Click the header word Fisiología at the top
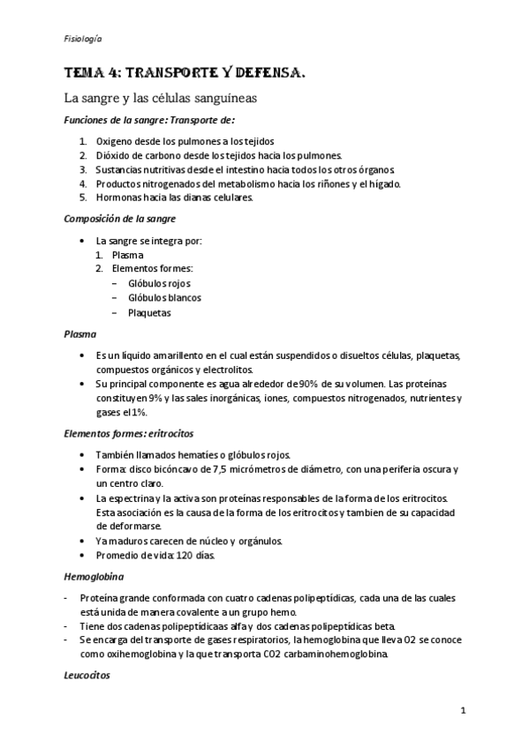(x=83, y=40)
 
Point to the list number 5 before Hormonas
(x=82, y=198)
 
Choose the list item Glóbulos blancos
(x=164, y=297)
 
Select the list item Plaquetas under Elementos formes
(x=149, y=312)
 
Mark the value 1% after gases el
(x=139, y=412)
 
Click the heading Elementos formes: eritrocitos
(x=129, y=434)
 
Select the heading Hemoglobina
(x=93, y=576)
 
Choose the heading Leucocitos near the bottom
(x=87, y=677)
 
